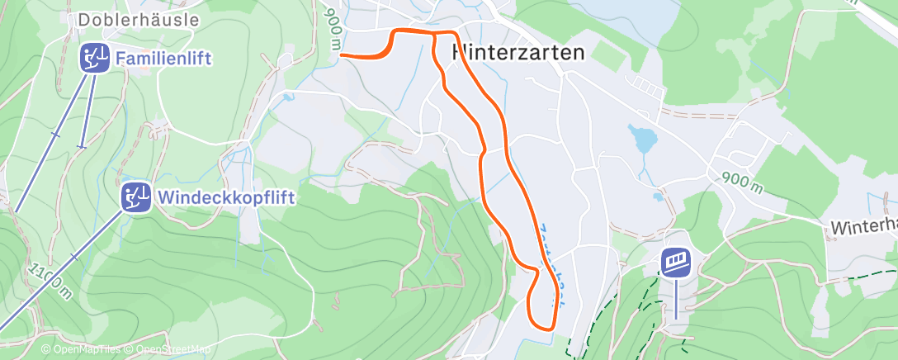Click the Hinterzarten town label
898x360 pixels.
(518, 52)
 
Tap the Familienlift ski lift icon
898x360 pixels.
(94, 59)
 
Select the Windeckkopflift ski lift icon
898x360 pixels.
(136, 197)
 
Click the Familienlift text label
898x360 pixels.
(164, 59)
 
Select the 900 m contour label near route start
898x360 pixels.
(333, 29)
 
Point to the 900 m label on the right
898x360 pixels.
(740, 183)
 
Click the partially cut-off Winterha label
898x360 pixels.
(863, 226)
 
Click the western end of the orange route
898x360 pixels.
(341, 56)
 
